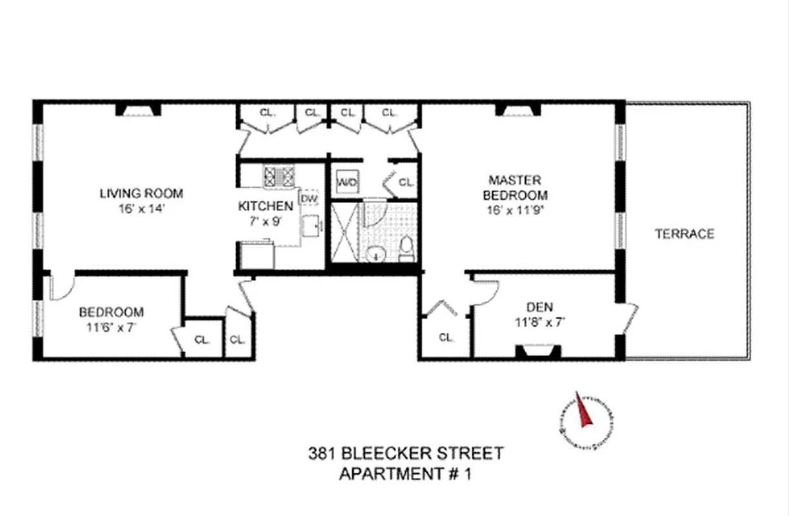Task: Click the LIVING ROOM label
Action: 141,193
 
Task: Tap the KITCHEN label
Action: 265,206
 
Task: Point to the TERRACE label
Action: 684,234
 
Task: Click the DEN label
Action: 540,307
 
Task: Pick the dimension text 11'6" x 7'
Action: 111,326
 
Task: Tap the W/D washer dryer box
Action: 347,183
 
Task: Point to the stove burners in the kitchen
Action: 279,177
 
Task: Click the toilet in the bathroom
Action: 406,249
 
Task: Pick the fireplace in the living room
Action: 138,111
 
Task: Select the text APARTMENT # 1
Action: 405,474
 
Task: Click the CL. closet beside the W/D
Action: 405,183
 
